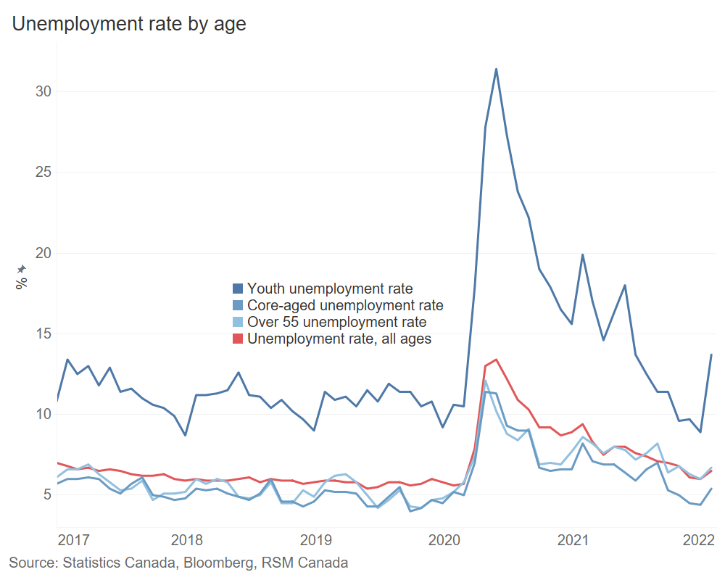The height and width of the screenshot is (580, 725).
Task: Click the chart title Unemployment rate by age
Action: [129, 24]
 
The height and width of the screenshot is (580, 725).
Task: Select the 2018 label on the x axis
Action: [186, 540]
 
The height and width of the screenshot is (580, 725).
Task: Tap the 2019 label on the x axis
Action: [315, 540]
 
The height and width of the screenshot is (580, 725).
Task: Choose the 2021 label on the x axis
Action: [573, 540]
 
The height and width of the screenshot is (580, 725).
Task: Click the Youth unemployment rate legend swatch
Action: [238, 289]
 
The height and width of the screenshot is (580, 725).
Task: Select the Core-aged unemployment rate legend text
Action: [345, 305]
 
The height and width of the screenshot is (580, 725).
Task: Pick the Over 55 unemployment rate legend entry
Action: [337, 322]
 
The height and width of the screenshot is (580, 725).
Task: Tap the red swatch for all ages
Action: [238, 339]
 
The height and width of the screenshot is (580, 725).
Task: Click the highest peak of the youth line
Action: [496, 69]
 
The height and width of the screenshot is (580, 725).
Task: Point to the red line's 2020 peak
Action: [496, 359]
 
